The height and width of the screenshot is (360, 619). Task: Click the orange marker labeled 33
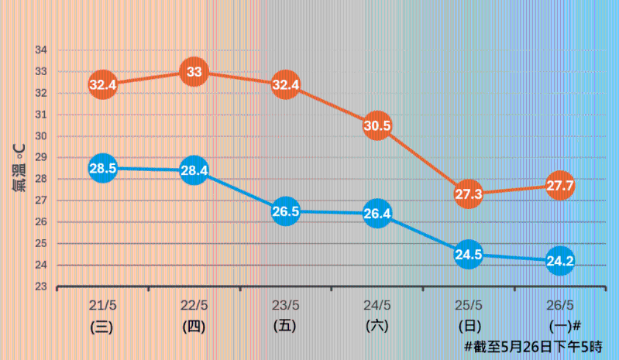194,72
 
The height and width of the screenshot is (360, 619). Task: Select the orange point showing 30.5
377,125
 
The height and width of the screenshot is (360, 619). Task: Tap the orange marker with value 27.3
469,194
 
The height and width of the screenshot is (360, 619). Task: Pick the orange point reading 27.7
560,186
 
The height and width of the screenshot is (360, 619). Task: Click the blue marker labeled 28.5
102,168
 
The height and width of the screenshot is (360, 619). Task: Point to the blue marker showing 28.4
194,170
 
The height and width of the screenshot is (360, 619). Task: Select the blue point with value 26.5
285,211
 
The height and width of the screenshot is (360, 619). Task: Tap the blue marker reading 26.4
377,214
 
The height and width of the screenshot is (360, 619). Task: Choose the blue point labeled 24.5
469,254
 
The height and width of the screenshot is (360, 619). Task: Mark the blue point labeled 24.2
560,261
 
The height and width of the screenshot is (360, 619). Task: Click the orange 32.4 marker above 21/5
102,84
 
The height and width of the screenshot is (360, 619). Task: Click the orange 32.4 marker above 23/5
285,84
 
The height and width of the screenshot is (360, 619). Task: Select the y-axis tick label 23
41,286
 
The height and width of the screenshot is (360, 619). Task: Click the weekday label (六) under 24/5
377,326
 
